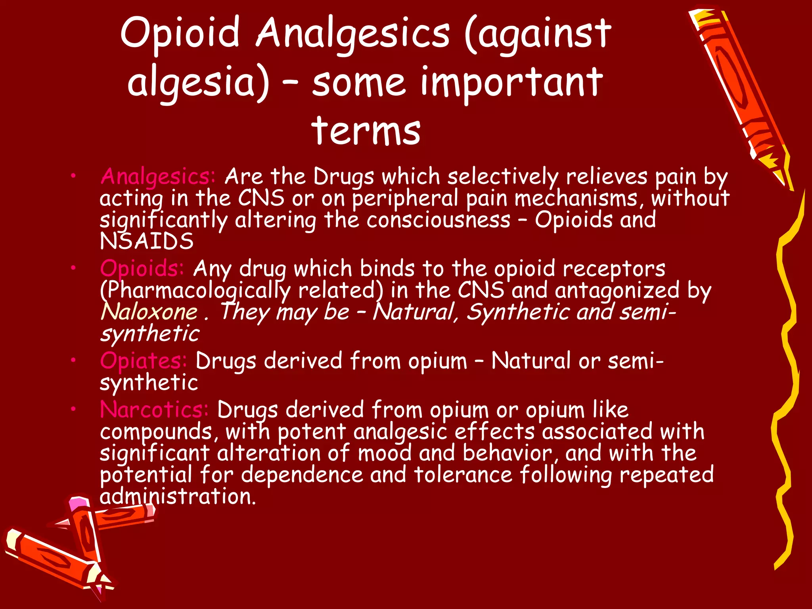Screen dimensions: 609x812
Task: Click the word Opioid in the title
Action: [x=180, y=33]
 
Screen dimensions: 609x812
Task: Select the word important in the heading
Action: [x=511, y=82]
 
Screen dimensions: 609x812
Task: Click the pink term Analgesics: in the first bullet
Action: [x=158, y=176]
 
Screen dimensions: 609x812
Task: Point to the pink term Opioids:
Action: [x=142, y=268]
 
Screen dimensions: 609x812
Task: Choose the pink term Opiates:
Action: [x=143, y=361]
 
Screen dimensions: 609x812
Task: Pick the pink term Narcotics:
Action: [x=154, y=410]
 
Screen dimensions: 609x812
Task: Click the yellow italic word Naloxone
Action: [x=149, y=312]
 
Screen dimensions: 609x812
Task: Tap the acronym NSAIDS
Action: [x=147, y=241]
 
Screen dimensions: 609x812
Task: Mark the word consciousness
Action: [x=438, y=220]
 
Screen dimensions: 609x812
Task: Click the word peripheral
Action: [x=405, y=198]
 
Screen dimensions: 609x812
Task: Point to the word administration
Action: [x=178, y=496]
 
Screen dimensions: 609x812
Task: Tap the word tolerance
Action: [x=463, y=475]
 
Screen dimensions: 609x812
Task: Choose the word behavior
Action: [x=508, y=453]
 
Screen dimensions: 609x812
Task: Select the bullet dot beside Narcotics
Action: [x=73, y=409]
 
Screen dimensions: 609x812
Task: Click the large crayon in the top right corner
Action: [x=737, y=91]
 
